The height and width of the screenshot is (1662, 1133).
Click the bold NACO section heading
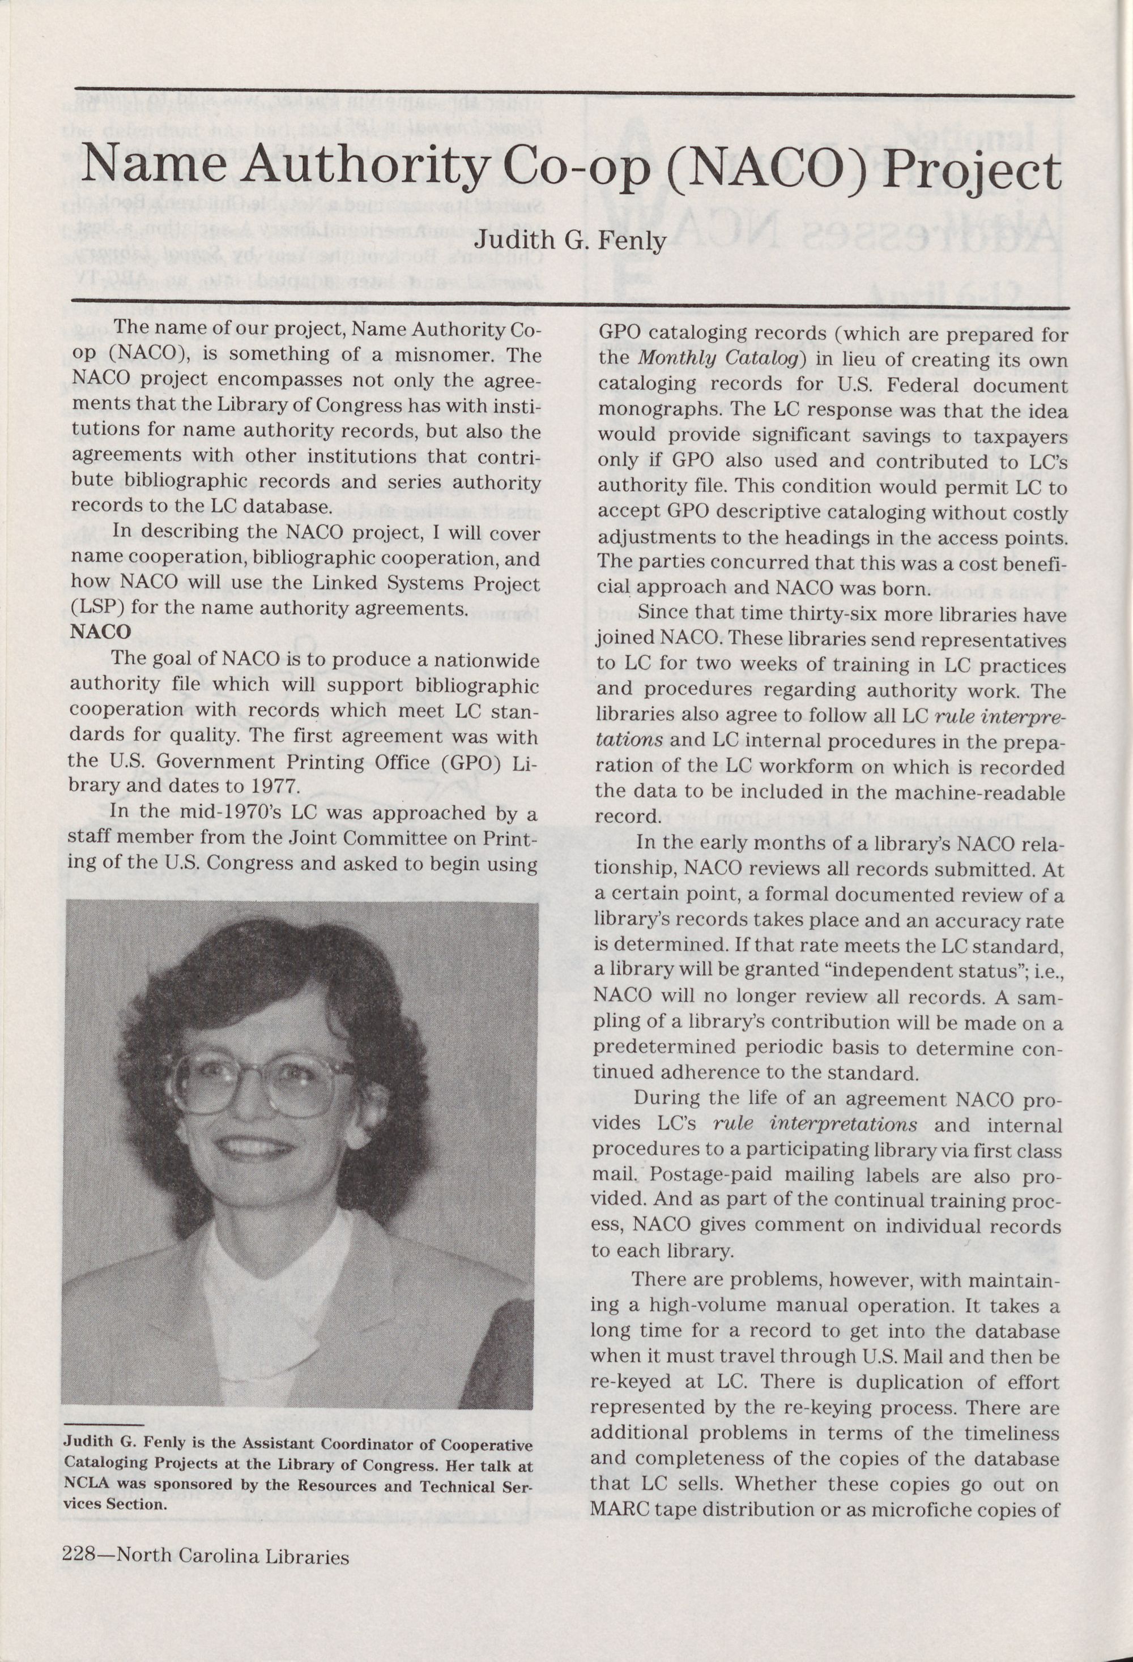(x=101, y=631)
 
